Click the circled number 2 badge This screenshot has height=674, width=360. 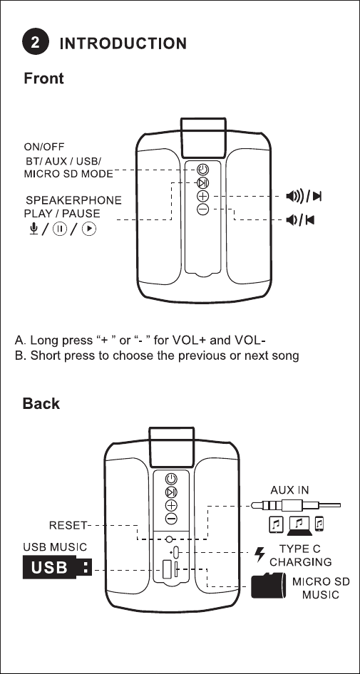pyautogui.click(x=36, y=43)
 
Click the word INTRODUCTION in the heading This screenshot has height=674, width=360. pyautogui.click(x=123, y=43)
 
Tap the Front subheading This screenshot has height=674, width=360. pyautogui.click(x=43, y=78)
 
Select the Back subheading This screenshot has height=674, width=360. pyautogui.click(x=41, y=403)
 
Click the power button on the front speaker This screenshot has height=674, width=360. pyautogui.click(x=203, y=170)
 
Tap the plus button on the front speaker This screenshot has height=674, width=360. pyautogui.click(x=203, y=197)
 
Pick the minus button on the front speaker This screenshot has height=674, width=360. pyautogui.click(x=203, y=209)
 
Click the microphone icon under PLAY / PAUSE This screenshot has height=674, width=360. pyautogui.click(x=34, y=229)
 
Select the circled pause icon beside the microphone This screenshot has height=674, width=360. pyautogui.click(x=59, y=229)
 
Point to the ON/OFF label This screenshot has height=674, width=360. pyautogui.click(x=44, y=147)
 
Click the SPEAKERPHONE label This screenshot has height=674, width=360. pyautogui.click(x=73, y=200)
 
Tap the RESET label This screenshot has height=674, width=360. pyautogui.click(x=68, y=525)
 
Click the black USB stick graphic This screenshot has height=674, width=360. pyautogui.click(x=57, y=567)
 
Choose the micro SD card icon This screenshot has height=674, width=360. pyautogui.click(x=267, y=585)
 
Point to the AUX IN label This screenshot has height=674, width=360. pyautogui.click(x=289, y=490)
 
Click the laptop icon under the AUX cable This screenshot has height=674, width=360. pyautogui.click(x=299, y=526)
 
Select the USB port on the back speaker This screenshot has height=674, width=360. pyautogui.click(x=168, y=570)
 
